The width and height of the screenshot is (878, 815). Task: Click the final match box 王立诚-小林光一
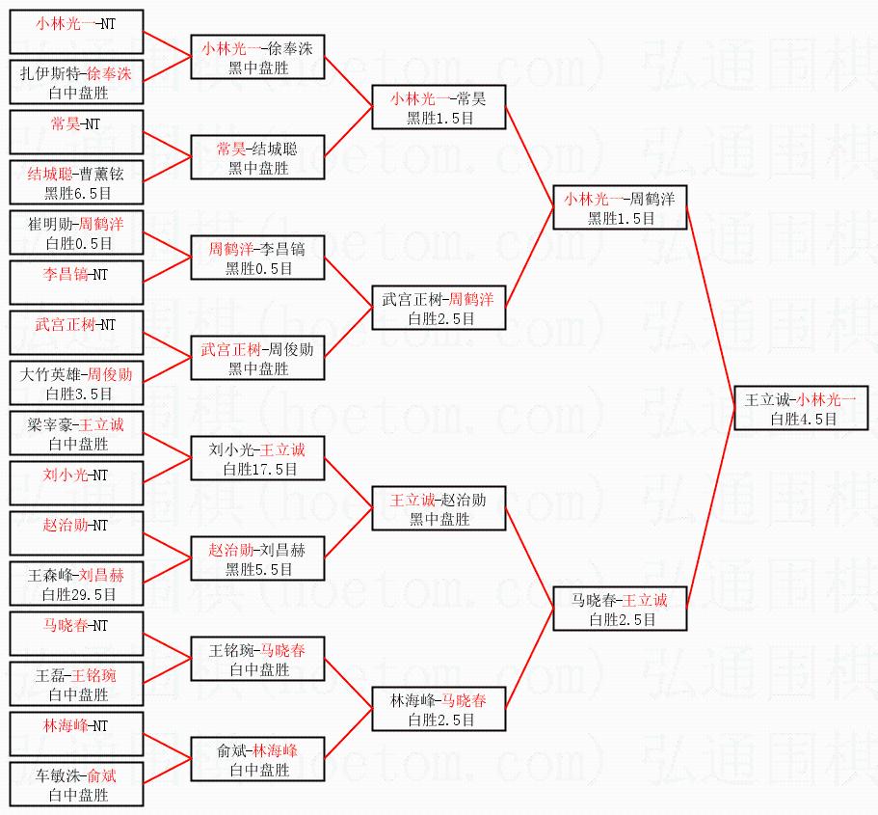801,408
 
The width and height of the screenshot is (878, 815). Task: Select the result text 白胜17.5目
260,469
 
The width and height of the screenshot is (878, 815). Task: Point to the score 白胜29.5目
78,595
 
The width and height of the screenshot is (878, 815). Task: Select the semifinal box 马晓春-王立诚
620,609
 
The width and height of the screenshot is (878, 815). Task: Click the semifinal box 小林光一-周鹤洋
620,207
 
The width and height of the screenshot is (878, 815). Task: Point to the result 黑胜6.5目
78,193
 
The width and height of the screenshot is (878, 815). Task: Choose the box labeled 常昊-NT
77,132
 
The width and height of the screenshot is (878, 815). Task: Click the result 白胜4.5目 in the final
804,419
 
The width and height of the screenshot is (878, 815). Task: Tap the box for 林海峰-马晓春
439,709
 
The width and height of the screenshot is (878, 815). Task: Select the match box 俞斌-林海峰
257,759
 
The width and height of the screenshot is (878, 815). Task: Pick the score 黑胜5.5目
259,569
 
